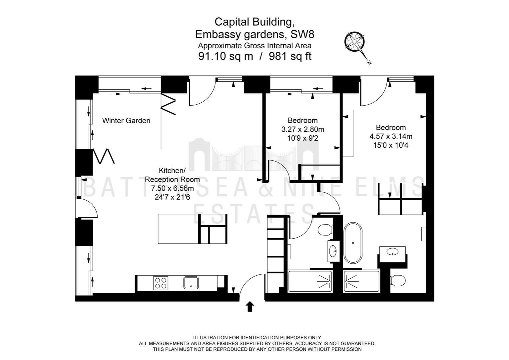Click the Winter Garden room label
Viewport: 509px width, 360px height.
click(x=126, y=121)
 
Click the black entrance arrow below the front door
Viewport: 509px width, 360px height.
click(x=250, y=306)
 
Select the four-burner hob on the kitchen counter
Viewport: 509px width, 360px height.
click(x=161, y=283)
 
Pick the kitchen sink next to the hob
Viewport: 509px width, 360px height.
click(x=191, y=283)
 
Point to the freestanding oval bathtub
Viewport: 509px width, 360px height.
click(x=353, y=243)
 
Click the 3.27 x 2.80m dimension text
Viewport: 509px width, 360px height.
click(x=303, y=129)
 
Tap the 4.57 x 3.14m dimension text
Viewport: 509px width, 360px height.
click(x=391, y=136)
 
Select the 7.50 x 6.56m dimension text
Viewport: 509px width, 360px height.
click(x=173, y=188)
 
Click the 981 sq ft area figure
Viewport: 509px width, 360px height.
click(x=290, y=56)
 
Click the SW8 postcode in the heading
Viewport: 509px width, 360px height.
click(x=303, y=34)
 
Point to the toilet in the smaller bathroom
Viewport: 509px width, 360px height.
click(x=325, y=230)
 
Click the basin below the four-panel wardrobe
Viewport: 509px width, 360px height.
click(x=392, y=252)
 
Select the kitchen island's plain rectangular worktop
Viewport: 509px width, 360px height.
click(x=178, y=229)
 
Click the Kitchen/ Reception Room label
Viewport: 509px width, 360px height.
click(x=173, y=175)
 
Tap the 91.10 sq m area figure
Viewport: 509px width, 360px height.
click(x=226, y=56)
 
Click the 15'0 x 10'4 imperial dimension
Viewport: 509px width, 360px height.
click(x=391, y=145)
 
